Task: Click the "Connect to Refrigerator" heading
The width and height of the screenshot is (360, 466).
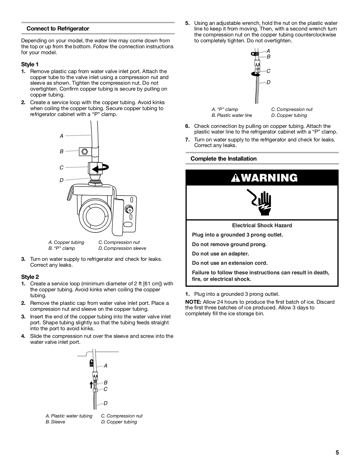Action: pyautogui.click(x=58, y=29)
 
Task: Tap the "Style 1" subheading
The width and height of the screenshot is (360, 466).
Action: pyautogui.click(x=30, y=64)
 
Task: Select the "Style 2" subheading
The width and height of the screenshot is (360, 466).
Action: pyautogui.click(x=30, y=277)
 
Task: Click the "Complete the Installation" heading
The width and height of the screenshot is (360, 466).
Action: pyautogui.click(x=223, y=159)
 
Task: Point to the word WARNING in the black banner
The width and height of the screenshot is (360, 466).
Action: pyautogui.click(x=269, y=178)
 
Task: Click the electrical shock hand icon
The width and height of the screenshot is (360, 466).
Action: pyautogui.click(x=261, y=203)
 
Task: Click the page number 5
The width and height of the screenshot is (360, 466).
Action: pyautogui.click(x=337, y=452)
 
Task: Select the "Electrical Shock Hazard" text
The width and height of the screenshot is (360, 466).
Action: pyautogui.click(x=262, y=225)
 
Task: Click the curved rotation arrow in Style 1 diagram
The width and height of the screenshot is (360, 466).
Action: pyautogui.click(x=101, y=168)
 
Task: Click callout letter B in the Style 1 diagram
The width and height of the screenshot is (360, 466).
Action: pyautogui.click(x=62, y=152)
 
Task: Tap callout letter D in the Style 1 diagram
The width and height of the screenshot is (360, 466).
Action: pyautogui.click(x=62, y=180)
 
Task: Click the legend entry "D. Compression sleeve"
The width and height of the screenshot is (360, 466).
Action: pyautogui.click(x=122, y=248)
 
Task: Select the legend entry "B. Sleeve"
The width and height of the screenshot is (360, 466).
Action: pyautogui.click(x=55, y=422)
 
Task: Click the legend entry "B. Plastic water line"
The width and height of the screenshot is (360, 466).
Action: pyautogui.click(x=232, y=115)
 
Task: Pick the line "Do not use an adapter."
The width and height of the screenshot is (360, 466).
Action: pyautogui.click(x=220, y=253)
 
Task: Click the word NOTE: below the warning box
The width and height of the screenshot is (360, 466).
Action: pyautogui.click(x=193, y=302)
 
